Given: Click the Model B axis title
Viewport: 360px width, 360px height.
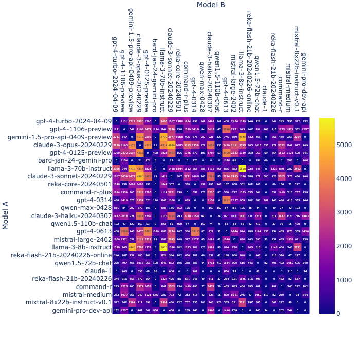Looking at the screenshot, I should pos(211,5).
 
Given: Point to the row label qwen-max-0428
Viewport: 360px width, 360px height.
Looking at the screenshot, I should pos(89,208).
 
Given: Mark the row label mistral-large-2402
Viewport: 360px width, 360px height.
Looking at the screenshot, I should pos(82,239).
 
